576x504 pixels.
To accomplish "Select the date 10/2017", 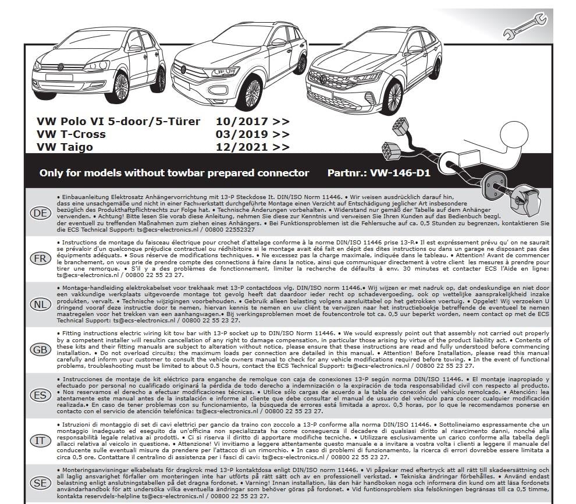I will [241, 122].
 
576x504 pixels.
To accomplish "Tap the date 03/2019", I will [241, 134].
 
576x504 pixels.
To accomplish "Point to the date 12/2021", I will [241, 147].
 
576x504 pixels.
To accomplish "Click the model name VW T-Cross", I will [71, 134].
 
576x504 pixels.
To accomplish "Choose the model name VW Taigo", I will [65, 147].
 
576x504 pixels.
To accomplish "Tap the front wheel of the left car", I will [120, 87].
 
